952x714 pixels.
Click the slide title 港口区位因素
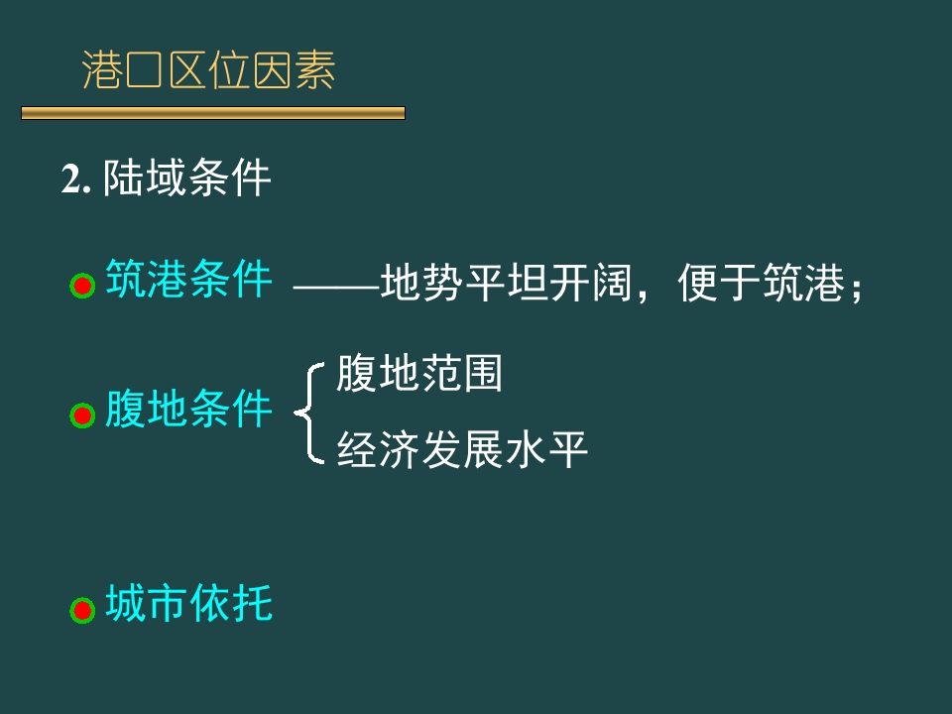[x=209, y=71]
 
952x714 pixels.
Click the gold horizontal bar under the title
[x=213, y=114]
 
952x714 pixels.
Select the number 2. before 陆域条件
[x=76, y=180]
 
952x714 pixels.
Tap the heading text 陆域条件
[x=186, y=179]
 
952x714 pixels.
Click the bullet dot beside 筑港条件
[x=81, y=287]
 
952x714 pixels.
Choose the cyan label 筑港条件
[x=188, y=280]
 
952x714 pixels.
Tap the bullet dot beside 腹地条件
[x=81, y=416]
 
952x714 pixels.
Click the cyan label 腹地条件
[x=188, y=409]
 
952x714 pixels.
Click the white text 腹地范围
[x=419, y=374]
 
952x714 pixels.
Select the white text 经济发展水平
[x=462, y=449]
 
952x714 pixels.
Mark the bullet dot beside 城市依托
[x=81, y=609]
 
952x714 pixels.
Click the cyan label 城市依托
[x=188, y=603]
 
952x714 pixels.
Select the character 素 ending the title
[x=316, y=71]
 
